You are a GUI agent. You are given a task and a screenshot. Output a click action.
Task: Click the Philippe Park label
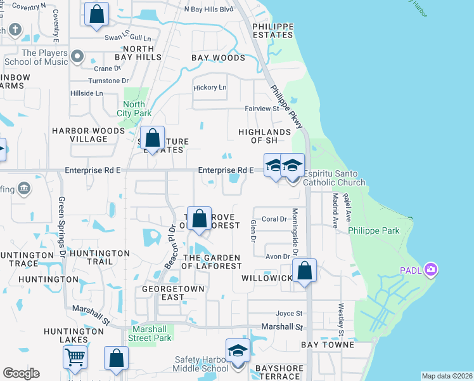[x=374, y=231]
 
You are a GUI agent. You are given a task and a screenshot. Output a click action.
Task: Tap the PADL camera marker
[x=432, y=270]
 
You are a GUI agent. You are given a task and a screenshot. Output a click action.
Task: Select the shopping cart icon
[x=75, y=358]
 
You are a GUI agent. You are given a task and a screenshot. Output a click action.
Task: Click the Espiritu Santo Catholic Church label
[x=334, y=178]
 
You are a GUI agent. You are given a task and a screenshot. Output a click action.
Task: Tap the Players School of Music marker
[x=78, y=57]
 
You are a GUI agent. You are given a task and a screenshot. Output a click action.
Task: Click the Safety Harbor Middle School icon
[x=238, y=351]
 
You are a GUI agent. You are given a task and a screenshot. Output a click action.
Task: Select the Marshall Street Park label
[x=151, y=334]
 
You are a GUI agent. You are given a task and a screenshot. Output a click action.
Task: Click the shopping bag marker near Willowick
[x=305, y=270]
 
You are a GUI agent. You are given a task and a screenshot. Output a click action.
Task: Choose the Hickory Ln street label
[x=209, y=87]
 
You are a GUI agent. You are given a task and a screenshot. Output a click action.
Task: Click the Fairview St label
[x=262, y=109]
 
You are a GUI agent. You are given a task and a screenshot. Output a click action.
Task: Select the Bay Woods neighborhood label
[x=218, y=58]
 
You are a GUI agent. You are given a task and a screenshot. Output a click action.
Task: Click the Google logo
[x=21, y=373]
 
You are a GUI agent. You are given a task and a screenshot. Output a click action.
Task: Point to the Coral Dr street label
[x=275, y=219]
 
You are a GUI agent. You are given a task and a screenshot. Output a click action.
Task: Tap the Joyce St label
[x=289, y=313]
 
